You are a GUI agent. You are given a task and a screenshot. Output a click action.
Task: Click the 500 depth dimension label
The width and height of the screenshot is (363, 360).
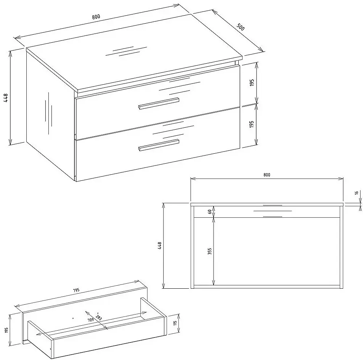(241, 27)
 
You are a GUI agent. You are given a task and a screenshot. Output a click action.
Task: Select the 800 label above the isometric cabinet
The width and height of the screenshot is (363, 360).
(96, 17)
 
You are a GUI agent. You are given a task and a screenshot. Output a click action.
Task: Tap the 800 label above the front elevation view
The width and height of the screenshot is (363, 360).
(267, 175)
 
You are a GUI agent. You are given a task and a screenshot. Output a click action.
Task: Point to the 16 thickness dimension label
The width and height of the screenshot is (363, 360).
(357, 192)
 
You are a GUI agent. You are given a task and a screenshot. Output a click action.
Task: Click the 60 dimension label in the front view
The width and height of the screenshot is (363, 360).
(210, 212)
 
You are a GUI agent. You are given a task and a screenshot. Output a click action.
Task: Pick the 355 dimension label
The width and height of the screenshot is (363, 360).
(209, 251)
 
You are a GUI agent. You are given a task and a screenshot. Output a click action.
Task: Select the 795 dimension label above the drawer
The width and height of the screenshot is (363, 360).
(76, 290)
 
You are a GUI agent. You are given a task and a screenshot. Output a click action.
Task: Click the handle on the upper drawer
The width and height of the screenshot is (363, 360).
(159, 103)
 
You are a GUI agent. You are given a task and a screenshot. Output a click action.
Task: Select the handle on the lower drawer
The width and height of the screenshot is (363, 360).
(159, 145)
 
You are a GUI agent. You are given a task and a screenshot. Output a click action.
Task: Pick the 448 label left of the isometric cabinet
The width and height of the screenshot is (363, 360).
(6, 98)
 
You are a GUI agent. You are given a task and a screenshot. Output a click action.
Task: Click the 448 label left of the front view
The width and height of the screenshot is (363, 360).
(159, 246)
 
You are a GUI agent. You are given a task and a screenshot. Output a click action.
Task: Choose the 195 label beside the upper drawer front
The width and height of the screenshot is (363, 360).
(252, 82)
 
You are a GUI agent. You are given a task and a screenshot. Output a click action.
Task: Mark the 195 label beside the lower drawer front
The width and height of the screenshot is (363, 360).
(252, 124)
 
